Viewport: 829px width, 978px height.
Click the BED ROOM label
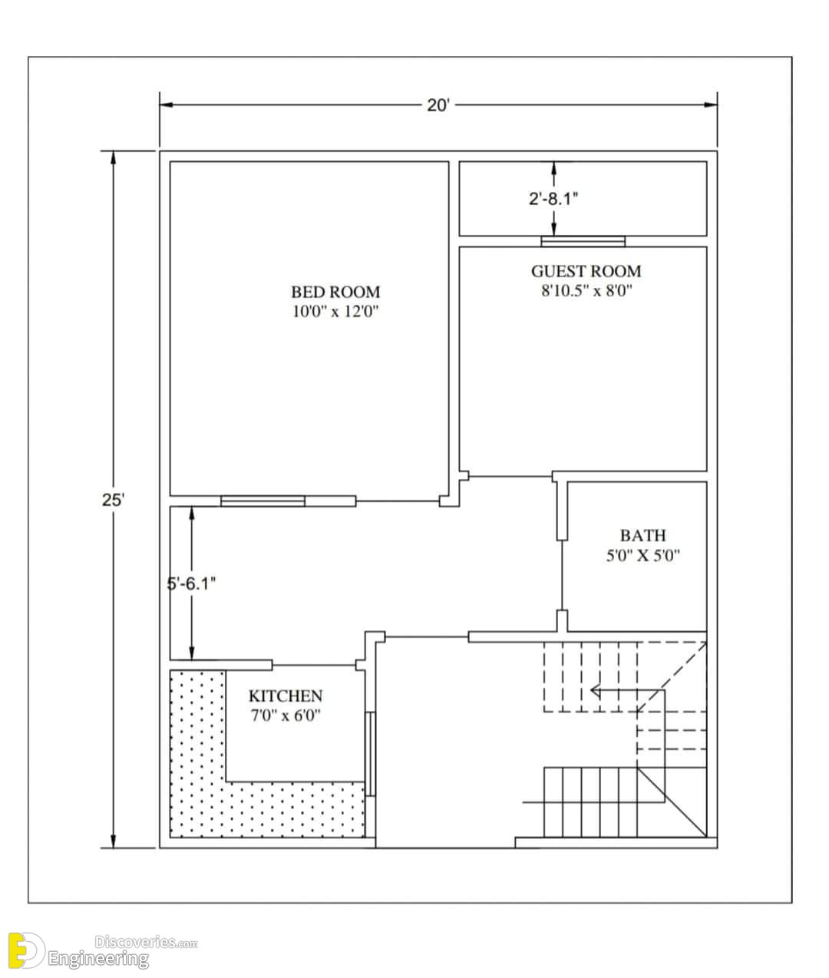[335, 292]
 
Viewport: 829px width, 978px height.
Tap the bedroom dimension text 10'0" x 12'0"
[336, 312]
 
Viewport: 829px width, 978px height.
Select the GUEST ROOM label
[586, 271]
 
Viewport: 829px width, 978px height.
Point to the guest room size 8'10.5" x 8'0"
[586, 290]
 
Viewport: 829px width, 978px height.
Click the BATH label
[643, 535]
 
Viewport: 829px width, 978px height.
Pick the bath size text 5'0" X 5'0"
[643, 555]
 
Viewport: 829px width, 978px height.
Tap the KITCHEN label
[286, 696]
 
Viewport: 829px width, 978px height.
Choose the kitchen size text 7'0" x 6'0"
[286, 715]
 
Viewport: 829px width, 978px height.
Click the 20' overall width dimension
[438, 105]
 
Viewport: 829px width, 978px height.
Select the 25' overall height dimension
[113, 500]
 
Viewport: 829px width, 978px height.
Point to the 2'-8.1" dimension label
[553, 199]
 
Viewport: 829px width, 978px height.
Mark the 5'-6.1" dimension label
[191, 584]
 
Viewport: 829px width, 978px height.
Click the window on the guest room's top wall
[583, 241]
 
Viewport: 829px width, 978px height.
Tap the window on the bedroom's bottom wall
[263, 501]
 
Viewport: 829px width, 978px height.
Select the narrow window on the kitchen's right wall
[370, 754]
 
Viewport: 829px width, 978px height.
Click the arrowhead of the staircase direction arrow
[595, 691]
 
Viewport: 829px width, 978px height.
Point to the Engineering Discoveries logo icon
[26, 950]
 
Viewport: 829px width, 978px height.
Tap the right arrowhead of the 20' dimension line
[711, 104]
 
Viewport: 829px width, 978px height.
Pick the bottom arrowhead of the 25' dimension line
[113, 841]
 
